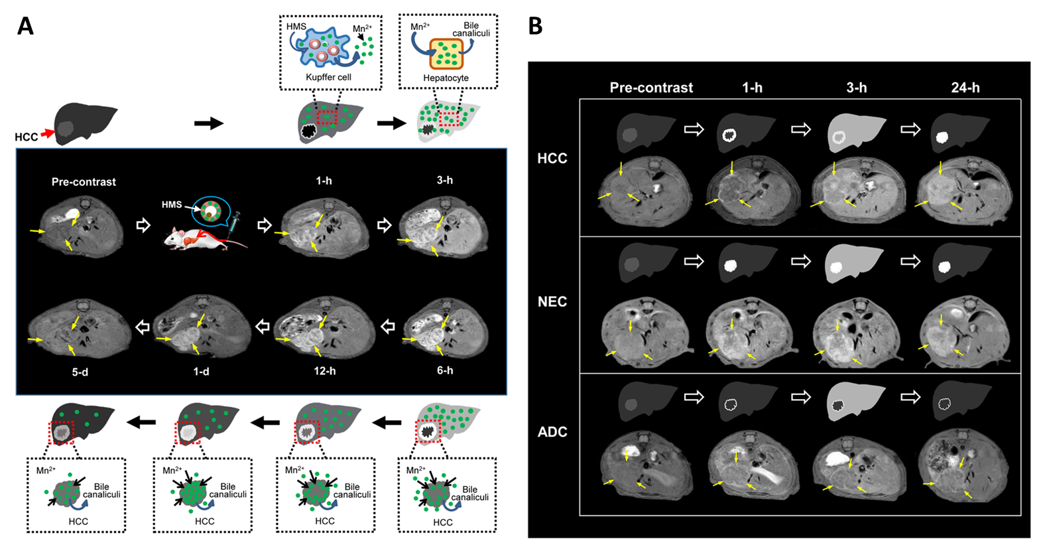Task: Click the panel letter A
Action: [25, 26]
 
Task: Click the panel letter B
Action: [535, 26]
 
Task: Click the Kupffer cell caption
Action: [328, 77]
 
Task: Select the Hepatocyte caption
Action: [446, 78]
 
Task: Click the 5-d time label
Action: [80, 372]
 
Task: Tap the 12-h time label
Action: [325, 371]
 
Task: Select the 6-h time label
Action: [445, 370]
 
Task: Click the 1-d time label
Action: [201, 372]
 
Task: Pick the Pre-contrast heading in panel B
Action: [651, 88]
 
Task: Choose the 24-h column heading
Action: [965, 88]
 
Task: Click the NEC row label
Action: [552, 302]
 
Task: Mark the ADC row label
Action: [552, 432]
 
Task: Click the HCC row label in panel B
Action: [552, 158]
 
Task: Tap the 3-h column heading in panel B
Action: [856, 88]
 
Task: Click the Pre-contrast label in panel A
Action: [84, 182]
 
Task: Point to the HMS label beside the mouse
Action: [172, 204]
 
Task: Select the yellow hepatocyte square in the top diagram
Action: [446, 54]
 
